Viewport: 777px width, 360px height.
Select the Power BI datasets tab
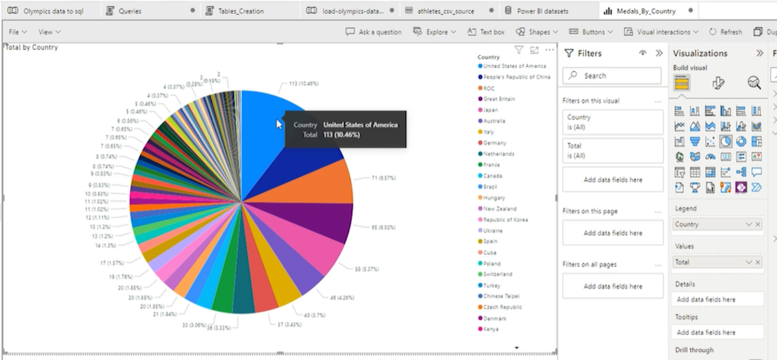(x=542, y=11)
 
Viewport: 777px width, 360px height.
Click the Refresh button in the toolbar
(x=725, y=32)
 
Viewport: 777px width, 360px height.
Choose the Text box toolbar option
(x=487, y=32)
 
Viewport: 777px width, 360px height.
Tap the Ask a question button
(x=374, y=32)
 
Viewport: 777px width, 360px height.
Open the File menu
(x=18, y=32)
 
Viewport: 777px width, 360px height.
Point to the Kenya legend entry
(x=492, y=329)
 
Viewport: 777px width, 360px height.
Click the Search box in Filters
(x=613, y=75)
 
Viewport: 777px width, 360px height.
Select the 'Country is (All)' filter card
(x=612, y=121)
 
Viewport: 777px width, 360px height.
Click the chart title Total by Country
(x=32, y=47)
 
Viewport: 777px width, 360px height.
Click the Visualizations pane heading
(x=700, y=53)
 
